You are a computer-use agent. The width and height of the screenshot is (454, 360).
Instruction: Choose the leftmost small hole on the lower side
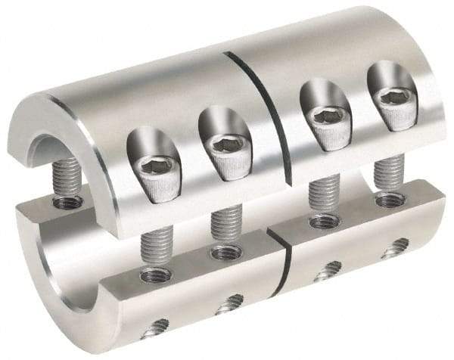tap(157, 327)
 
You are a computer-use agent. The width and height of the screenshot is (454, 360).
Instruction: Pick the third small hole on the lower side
tap(328, 270)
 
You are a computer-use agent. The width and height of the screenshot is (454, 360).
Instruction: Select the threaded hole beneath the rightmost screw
tap(390, 200)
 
